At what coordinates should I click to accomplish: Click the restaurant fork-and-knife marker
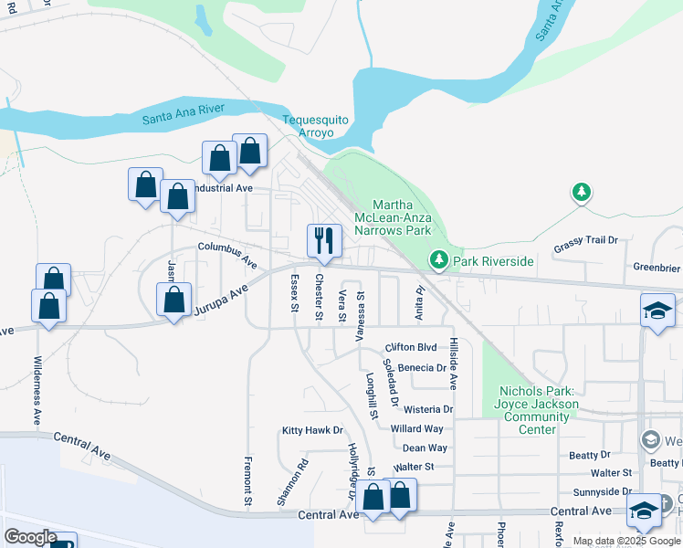click(323, 241)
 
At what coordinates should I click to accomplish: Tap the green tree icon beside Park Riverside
click(439, 261)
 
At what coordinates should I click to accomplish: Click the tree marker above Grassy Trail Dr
click(581, 192)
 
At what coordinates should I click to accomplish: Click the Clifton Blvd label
click(411, 347)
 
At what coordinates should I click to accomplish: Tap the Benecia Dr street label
click(422, 368)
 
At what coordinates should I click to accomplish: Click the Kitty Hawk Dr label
click(312, 430)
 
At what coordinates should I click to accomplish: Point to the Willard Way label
click(416, 428)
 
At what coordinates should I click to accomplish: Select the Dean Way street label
click(425, 448)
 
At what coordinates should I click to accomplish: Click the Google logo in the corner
click(29, 537)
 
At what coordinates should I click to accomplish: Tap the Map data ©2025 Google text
click(625, 541)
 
